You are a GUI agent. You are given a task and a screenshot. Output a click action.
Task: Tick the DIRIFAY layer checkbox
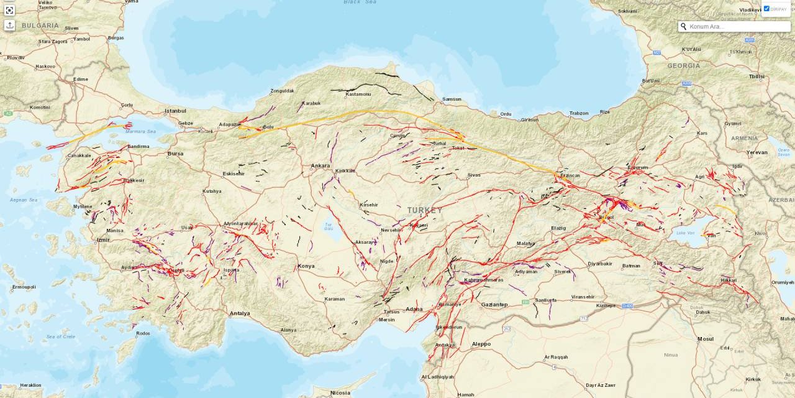766,9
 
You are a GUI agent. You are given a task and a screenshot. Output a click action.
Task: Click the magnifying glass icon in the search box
684,27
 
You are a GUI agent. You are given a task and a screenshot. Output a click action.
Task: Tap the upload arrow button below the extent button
9,25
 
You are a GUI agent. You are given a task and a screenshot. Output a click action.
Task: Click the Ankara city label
320,166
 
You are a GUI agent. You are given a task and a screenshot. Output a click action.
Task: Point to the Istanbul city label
175,111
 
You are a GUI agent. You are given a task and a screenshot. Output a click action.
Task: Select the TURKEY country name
425,210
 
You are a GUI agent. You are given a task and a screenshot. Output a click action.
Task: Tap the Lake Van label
685,233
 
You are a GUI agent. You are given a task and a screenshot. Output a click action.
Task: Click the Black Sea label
360,2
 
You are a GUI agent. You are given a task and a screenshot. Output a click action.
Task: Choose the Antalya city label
240,313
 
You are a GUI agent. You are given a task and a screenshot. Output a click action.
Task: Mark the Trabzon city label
578,113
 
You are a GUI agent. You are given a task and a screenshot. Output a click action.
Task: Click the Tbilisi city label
756,76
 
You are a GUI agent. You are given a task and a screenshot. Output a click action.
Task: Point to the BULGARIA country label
40,25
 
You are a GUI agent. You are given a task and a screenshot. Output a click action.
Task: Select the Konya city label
306,266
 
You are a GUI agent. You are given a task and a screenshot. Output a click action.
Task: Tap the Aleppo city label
481,344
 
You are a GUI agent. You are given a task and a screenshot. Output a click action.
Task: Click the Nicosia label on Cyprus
340,393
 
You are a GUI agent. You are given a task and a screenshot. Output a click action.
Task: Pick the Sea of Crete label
61,336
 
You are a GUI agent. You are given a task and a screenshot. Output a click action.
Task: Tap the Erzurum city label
637,168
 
